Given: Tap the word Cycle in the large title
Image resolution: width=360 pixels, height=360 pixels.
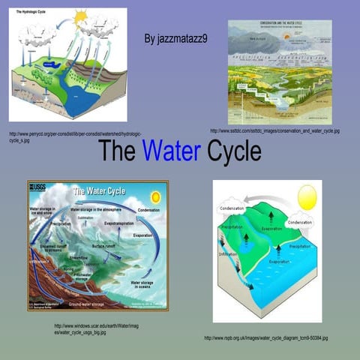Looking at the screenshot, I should point(233,151).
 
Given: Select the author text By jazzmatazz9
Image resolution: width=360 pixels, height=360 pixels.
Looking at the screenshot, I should point(175,37).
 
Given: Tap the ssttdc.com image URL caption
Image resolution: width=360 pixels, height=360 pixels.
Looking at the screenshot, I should point(274,130).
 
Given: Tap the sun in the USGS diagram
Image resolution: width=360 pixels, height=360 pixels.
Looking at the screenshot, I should point(155,196).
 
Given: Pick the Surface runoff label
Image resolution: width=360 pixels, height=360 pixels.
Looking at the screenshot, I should point(108,246).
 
